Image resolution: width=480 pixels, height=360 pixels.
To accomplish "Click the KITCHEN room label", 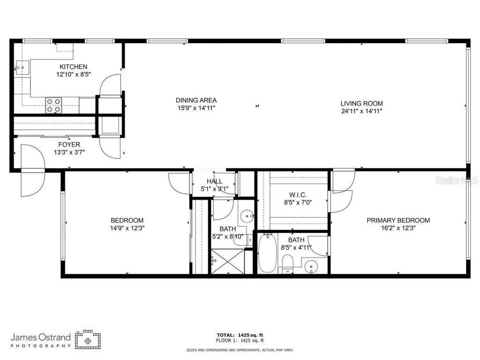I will coord(73,67).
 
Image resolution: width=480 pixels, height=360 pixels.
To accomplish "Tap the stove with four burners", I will coord(53,105).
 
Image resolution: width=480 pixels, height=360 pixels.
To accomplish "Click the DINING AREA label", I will coord(196,100).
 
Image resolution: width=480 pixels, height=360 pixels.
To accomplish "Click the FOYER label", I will coord(69,144).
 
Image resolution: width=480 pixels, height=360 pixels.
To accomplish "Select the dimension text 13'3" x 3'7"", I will coord(69,152).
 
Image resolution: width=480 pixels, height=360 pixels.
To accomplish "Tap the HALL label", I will coord(214,181).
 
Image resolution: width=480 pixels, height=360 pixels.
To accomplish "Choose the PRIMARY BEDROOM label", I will coord(398,220).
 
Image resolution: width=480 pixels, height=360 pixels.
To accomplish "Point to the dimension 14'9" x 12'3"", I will coord(127,229).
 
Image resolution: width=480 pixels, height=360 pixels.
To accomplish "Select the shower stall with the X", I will coord(227,262).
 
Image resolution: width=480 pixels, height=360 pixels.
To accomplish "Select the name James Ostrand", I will coord(41,337).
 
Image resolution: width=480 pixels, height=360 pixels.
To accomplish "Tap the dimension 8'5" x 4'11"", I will coord(296,247).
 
